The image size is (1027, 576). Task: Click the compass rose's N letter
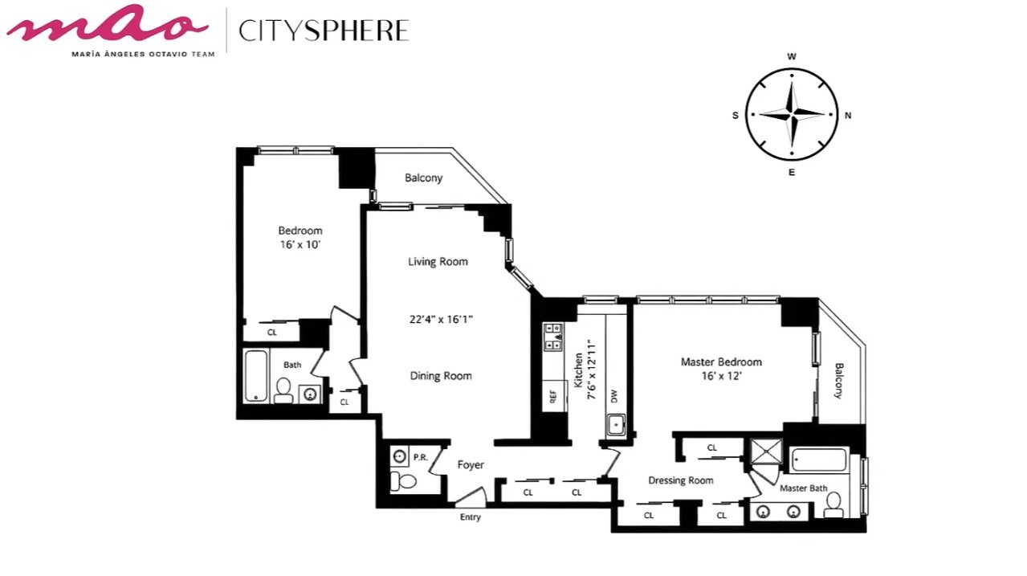848,116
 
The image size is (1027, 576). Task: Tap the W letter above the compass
792,57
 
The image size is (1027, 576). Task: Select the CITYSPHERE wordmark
324,31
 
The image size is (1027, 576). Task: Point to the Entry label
471,517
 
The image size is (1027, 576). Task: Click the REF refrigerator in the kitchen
554,396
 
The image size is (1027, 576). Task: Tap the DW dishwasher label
615,396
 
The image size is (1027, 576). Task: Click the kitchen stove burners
553,337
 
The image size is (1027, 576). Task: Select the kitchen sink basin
616,425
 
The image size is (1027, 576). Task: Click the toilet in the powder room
403,481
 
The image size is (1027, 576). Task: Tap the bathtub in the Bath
255,377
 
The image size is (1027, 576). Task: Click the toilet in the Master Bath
833,505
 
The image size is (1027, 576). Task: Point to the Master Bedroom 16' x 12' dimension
722,376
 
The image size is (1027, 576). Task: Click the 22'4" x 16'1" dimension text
441,319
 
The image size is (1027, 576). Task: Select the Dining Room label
441,376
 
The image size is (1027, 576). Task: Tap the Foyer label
471,465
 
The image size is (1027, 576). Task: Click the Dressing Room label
681,480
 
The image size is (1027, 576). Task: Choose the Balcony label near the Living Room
424,178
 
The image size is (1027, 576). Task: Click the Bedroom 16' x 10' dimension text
300,245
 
